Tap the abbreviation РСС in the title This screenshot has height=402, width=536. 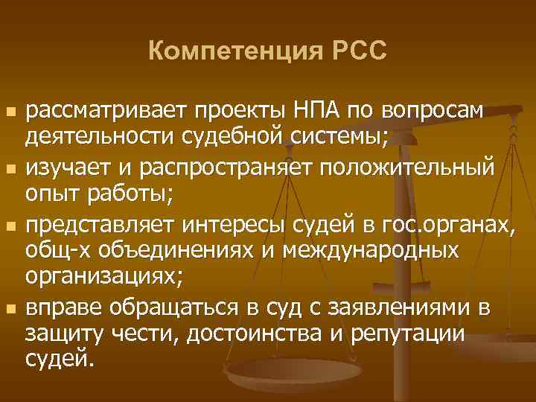[357, 51]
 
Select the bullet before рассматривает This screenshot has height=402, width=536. [9, 112]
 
